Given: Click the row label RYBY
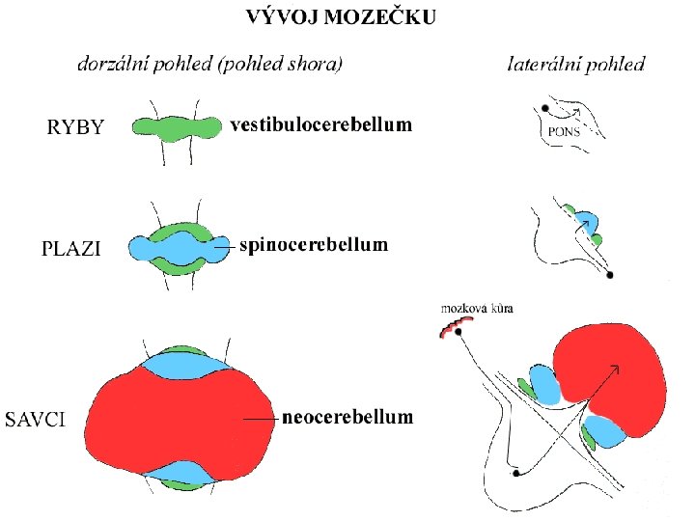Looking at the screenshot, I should pyautogui.click(x=76, y=127).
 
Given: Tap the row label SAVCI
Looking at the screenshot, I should pyautogui.click(x=37, y=420).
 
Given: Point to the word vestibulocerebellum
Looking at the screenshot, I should pyautogui.click(x=320, y=125).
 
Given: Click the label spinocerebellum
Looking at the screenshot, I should pyautogui.click(x=314, y=245).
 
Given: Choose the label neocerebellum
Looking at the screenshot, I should pyautogui.click(x=347, y=418).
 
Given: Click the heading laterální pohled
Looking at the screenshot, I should pyautogui.click(x=576, y=66).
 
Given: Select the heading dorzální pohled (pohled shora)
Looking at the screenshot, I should pyautogui.click(x=210, y=66).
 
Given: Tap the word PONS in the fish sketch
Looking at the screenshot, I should pyautogui.click(x=564, y=132).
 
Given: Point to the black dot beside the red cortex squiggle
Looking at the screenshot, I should pyautogui.click(x=459, y=332).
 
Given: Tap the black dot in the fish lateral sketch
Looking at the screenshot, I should pyautogui.click(x=545, y=108).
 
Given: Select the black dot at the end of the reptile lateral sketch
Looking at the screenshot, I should pyautogui.click(x=610, y=275).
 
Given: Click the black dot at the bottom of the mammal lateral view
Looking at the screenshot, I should pyautogui.click(x=517, y=474).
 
